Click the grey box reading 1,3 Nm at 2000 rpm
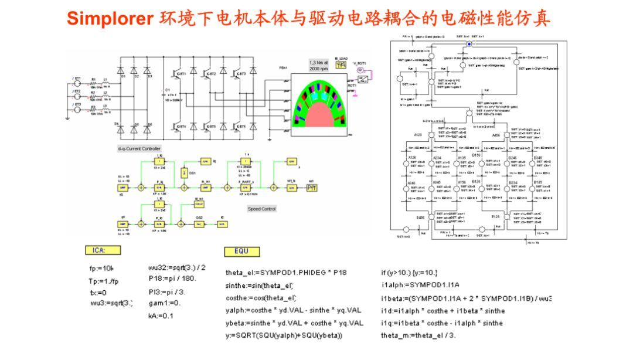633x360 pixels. [319, 65]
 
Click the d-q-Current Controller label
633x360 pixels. [139, 148]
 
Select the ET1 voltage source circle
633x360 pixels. [77, 84]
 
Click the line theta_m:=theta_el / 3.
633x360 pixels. [418, 335]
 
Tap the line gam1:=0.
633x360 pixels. [165, 303]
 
